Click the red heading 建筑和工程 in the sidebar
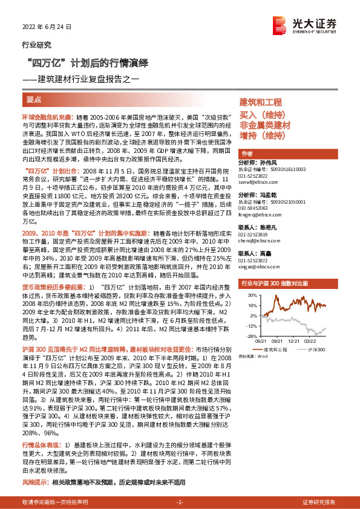coord(261,102)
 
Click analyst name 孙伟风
coord(270,163)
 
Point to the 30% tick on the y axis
coord(250,294)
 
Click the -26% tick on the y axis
coord(250,335)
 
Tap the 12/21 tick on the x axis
coord(295,341)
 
